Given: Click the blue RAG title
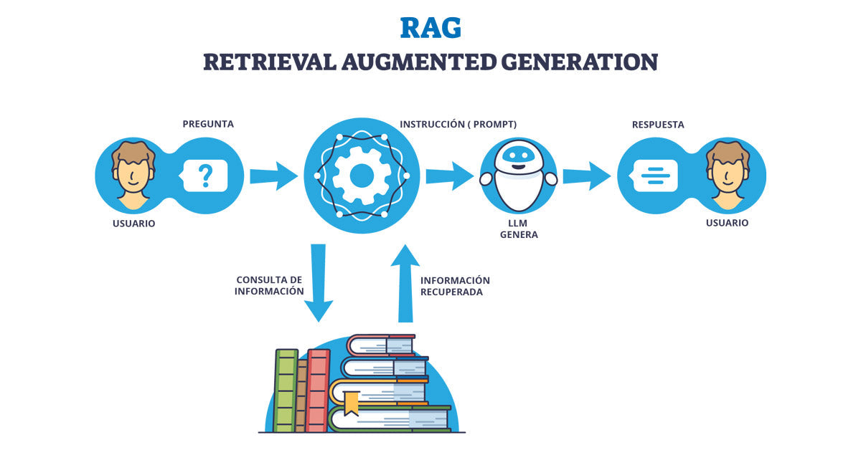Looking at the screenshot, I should point(430,27).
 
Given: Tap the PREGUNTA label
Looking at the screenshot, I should point(208,124).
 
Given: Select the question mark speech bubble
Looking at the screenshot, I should point(205,175).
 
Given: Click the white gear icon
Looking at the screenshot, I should point(362,175).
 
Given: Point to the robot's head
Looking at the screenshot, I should point(519,156).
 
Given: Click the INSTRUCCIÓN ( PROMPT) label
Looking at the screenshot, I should point(458,124).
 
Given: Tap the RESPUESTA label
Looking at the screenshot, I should point(657,124).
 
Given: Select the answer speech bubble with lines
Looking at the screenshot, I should point(654,175).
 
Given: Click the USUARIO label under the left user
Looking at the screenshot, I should point(133,224).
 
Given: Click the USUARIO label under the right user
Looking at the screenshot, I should point(727,223).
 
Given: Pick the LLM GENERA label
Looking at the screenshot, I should point(518,229).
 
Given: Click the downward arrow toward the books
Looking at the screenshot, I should point(319,283).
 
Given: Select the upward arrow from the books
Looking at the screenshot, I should point(405,283).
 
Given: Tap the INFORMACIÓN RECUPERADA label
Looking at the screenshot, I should point(455,286).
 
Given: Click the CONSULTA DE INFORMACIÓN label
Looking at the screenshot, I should point(269,285).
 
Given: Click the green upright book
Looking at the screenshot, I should point(286,391).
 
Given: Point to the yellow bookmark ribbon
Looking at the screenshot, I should point(351,403).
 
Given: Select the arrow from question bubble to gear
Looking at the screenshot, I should point(273,176).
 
